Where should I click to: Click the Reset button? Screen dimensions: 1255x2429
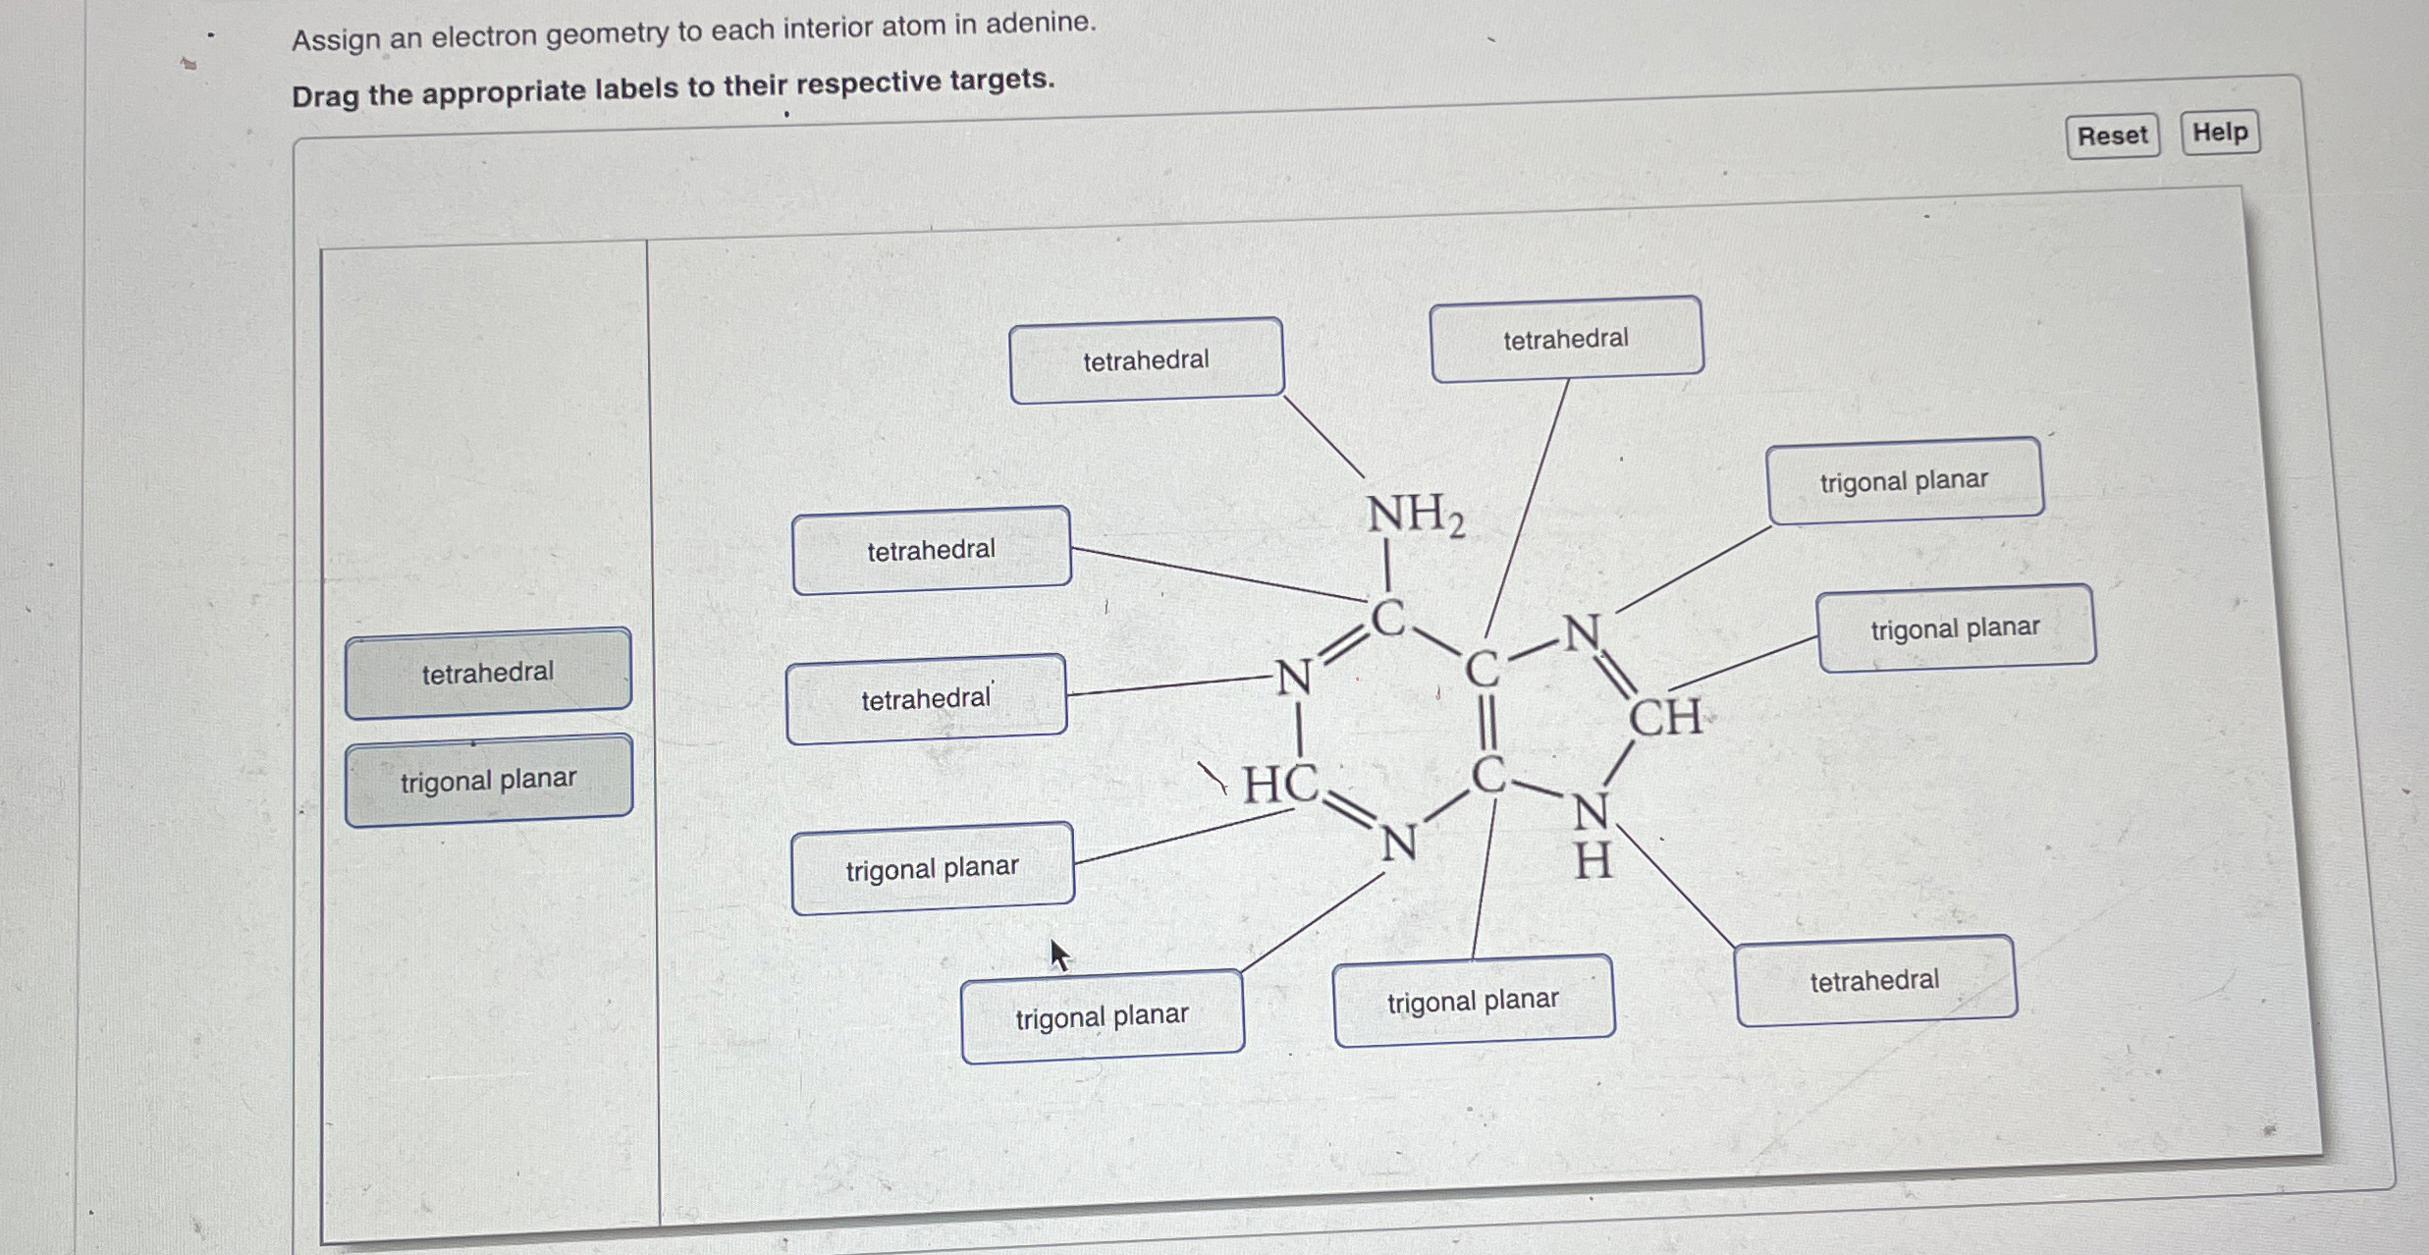tap(2112, 136)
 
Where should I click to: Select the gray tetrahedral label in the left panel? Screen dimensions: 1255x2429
tap(488, 673)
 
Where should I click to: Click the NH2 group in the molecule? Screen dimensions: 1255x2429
tap(1415, 515)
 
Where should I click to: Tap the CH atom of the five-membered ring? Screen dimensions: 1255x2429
tap(1665, 717)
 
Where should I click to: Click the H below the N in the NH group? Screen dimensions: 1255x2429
tap(1592, 862)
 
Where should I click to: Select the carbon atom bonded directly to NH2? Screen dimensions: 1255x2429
tap(1387, 619)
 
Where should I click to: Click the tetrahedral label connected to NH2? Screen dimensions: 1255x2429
tap(1146, 360)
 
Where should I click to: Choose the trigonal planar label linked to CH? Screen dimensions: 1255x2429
tap(1955, 628)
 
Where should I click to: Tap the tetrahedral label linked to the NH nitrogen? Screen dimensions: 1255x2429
tap(1874, 981)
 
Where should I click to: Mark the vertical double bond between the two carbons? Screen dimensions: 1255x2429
tap(1486, 725)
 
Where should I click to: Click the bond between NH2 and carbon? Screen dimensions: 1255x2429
tap(1386, 568)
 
